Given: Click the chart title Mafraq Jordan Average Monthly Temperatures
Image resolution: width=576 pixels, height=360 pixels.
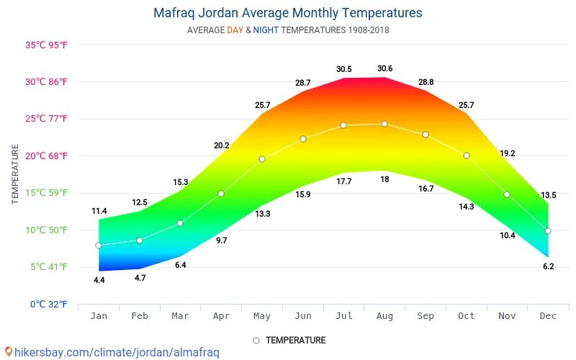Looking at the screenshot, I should coord(288,13).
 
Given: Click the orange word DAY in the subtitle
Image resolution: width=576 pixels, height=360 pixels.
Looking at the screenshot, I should coord(235,30).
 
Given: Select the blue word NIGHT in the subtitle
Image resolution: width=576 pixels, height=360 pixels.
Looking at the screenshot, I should coord(266,30).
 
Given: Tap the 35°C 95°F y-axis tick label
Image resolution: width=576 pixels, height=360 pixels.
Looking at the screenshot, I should coord(47,45).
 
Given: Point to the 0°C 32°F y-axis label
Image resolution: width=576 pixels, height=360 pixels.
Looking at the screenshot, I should coord(48,305).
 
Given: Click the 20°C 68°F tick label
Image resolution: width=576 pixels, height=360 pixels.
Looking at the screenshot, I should coord(47,156).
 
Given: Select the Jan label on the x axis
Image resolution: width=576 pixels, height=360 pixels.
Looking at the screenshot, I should coord(99,316).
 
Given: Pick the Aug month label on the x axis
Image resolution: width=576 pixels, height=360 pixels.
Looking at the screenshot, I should coord(384,316).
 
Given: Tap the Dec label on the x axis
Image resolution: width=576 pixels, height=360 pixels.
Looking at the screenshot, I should coord(548,316).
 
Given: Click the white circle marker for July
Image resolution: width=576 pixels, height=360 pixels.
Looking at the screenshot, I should coord(343,125).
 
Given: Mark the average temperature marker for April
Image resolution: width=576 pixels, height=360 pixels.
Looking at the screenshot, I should coord(221,194).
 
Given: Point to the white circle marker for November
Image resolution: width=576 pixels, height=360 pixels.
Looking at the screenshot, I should coord(507,194).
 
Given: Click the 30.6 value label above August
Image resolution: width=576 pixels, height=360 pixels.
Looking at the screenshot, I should coord(384,69).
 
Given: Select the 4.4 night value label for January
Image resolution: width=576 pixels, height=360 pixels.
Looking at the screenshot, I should coord(99,279).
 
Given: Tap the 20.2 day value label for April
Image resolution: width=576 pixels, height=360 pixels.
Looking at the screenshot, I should coord(221,145).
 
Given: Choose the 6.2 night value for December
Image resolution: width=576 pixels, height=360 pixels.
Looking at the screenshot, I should coord(548,266).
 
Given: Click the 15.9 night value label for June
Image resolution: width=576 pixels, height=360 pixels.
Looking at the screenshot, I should coord(303,194).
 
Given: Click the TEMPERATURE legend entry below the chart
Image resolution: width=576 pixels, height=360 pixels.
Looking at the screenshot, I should coord(295,340).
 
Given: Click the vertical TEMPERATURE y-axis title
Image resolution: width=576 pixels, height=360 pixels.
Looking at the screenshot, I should coord(16,174).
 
